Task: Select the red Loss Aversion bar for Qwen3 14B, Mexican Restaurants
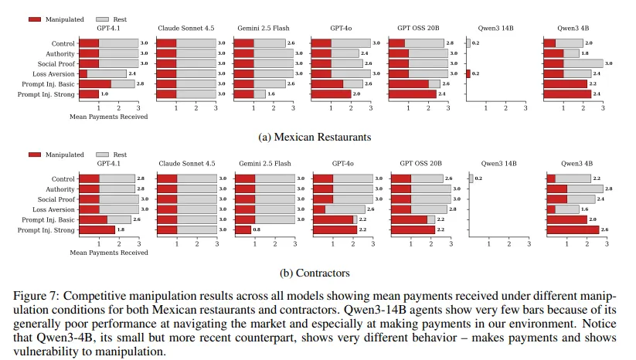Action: [468, 73]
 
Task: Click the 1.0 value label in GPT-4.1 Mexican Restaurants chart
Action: [104, 94]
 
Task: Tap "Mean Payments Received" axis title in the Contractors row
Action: [108, 253]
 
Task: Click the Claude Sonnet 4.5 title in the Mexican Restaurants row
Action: [186, 27]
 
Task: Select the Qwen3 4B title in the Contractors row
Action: [576, 163]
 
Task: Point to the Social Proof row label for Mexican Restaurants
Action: [58, 64]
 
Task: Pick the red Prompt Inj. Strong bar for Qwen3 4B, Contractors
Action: [572, 229]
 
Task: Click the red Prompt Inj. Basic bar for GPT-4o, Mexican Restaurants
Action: [327, 83]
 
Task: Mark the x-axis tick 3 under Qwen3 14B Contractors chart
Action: [526, 244]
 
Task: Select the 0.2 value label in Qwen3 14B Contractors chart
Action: [477, 179]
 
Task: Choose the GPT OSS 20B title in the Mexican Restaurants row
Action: [420, 27]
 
